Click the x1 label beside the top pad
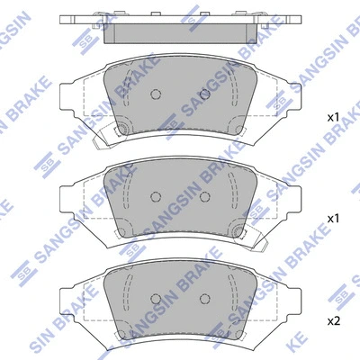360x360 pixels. [x=332, y=118]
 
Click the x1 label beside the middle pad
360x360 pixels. [x=332, y=219]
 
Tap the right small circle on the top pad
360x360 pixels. [x=204, y=94]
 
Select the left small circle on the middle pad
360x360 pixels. [x=154, y=196]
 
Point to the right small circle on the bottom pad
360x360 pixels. [x=204, y=299]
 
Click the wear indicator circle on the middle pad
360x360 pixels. [x=238, y=233]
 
